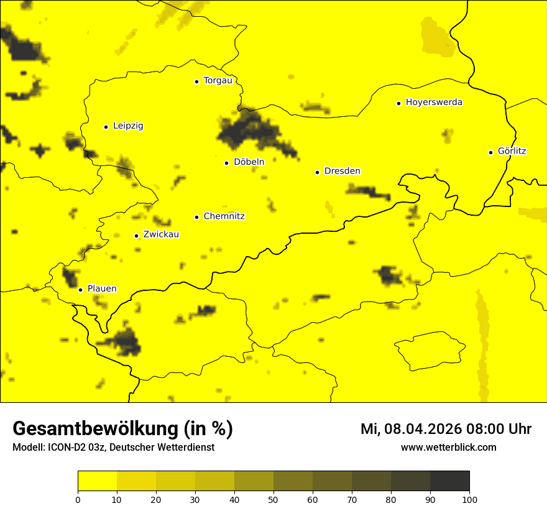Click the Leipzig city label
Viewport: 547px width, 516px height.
tap(128, 126)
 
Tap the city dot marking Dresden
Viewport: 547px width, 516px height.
tap(317, 172)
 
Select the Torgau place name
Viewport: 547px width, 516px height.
tap(218, 81)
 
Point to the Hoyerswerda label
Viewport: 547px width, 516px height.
tap(434, 103)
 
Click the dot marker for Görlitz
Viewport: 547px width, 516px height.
tap(490, 152)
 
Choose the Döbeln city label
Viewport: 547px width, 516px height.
tap(249, 162)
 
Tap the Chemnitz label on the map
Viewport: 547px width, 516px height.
tap(224, 217)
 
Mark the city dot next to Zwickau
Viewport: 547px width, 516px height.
tap(136, 236)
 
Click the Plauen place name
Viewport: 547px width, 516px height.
tap(102, 289)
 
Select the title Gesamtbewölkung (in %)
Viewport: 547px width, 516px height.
tap(122, 429)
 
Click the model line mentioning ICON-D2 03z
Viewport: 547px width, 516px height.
tap(113, 448)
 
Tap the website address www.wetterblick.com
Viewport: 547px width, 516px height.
tap(448, 448)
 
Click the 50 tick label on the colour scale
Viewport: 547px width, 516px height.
tap(273, 499)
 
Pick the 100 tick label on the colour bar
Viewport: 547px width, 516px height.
tap(469, 499)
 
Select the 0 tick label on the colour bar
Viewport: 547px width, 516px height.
tap(78, 499)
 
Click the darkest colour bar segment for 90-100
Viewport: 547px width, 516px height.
tap(449, 481)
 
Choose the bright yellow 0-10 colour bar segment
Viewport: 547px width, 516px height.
tap(97, 481)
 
